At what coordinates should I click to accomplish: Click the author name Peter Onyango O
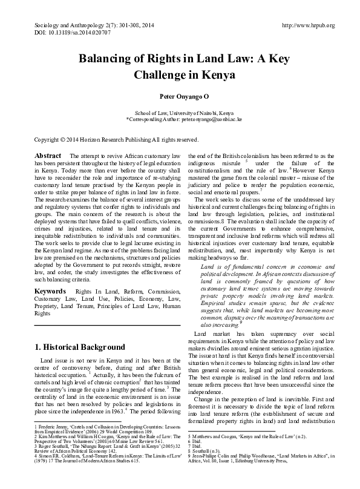tap(180, 96)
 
